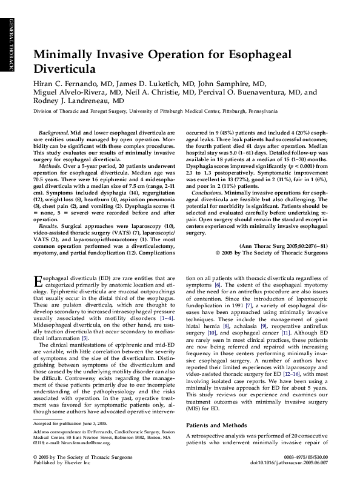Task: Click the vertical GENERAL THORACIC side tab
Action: (x=10, y=45)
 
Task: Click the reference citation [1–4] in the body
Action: (x=166, y=318)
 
